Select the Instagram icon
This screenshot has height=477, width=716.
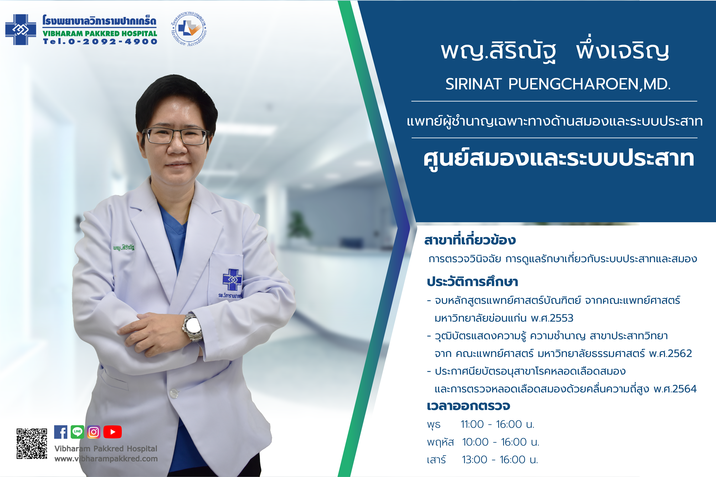[94, 432]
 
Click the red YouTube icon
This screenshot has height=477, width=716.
[113, 432]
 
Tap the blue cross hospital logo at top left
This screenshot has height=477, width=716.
[21, 30]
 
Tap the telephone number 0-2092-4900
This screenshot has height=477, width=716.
[113, 42]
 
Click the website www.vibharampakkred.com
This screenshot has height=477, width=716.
[106, 459]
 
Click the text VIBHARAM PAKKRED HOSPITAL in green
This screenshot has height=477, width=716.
[100, 33]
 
